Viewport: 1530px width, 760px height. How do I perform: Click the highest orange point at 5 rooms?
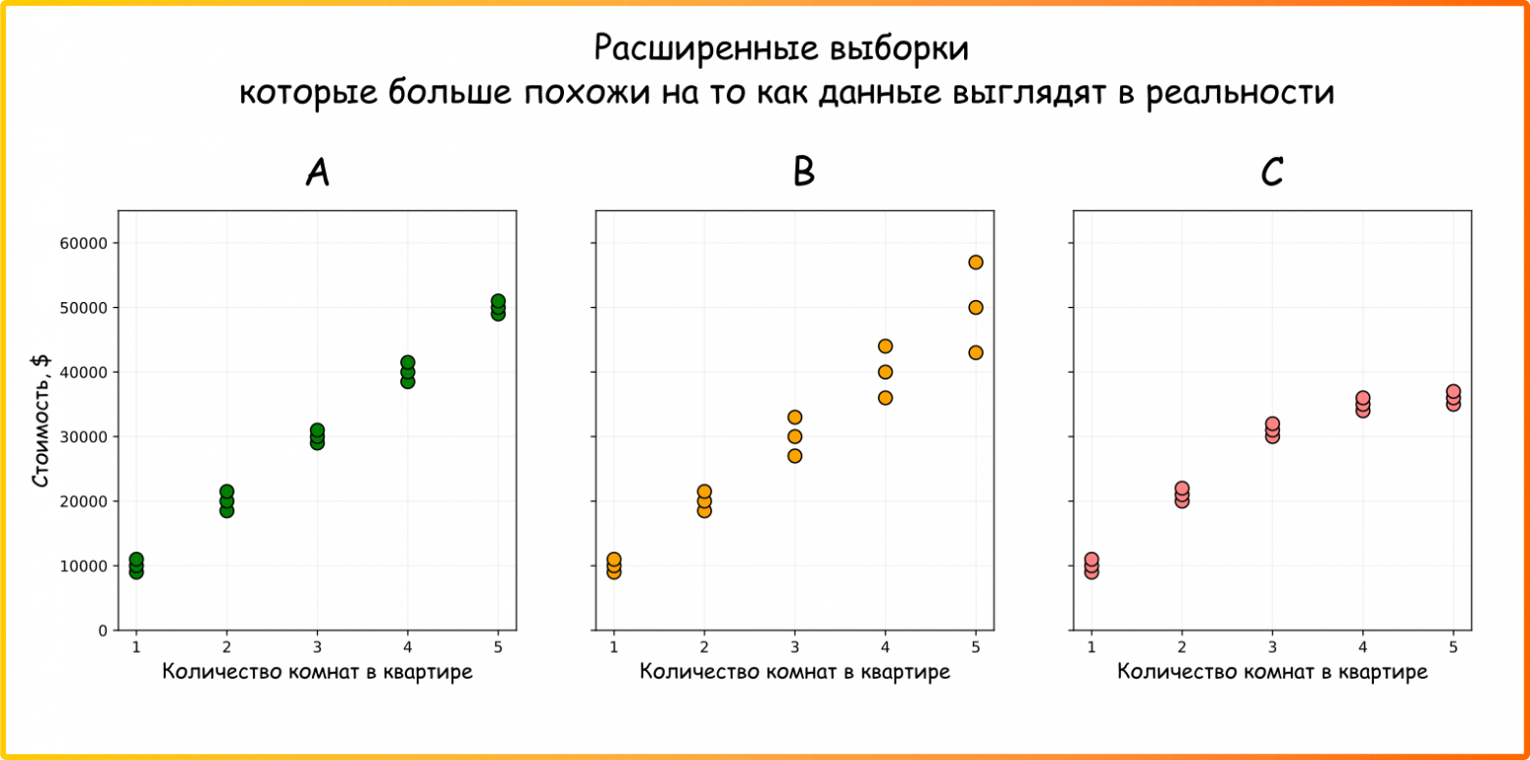pos(975,262)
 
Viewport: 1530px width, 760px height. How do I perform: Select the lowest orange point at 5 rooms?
pos(975,352)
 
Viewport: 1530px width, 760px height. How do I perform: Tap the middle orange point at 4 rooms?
pos(885,372)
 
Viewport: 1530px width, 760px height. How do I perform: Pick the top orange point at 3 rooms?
pos(794,417)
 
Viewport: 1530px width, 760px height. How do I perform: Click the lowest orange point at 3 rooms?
pos(794,455)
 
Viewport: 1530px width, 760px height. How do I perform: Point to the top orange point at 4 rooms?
pos(885,346)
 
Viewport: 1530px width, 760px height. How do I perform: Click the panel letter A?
pos(317,174)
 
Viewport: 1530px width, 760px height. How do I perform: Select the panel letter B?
pos(803,174)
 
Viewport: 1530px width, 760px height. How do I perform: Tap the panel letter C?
pos(1272,174)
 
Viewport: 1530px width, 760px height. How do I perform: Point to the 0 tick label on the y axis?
pos(102,631)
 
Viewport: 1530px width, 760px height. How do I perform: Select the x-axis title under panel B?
pos(794,672)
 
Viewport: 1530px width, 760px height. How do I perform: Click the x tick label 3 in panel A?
pos(317,646)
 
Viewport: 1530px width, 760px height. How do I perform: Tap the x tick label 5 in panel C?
pos(1453,646)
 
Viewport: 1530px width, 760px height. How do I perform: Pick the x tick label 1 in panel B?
pos(614,646)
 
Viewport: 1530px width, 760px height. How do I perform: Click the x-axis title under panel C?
pos(1272,672)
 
